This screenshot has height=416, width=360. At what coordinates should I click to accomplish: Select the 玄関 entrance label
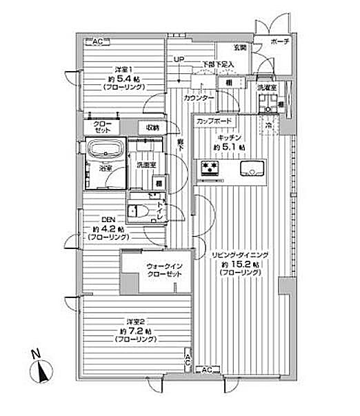239,48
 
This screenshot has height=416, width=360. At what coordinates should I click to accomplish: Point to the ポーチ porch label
280,41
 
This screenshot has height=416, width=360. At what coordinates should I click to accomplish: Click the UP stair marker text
179,59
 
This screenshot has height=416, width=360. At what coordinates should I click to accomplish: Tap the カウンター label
199,97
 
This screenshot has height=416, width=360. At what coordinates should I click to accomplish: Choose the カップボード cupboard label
213,121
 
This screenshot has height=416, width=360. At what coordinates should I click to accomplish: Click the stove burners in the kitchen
210,168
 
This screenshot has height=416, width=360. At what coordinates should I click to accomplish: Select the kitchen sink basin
251,169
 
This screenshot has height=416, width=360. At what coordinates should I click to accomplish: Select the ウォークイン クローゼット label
163,270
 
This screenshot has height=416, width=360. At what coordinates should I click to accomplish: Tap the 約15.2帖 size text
241,264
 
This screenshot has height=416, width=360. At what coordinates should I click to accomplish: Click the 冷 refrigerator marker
269,126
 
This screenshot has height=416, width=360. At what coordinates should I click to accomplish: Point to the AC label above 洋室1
97,42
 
